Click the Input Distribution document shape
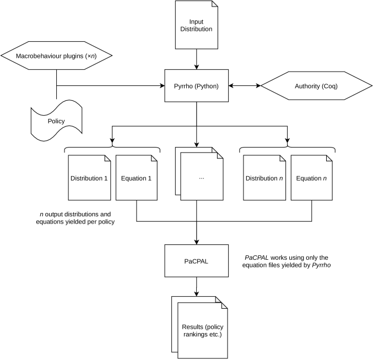tap(197, 25)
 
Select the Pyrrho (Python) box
tap(197, 86)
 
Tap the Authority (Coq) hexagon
tap(316, 86)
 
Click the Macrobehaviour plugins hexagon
tap(56, 56)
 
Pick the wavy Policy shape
tap(56, 121)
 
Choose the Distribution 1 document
tap(89, 178)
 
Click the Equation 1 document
tap(137, 178)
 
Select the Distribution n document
tap(264, 178)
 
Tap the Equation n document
tap(312, 178)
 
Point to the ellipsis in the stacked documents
tap(202, 178)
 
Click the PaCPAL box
tap(197, 261)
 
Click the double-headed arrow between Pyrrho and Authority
tap(245, 86)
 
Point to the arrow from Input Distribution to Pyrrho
tap(197, 59)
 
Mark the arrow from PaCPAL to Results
tap(197, 287)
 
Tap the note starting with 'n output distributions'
tap(75, 218)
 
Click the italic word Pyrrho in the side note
tap(321, 265)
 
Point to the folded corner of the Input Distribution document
tap(215, 4)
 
